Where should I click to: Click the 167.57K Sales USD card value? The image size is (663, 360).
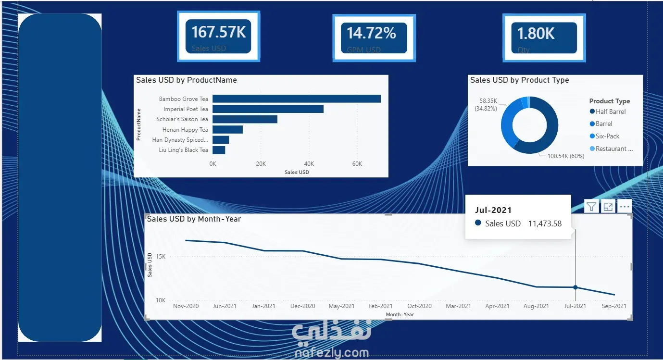[219, 32]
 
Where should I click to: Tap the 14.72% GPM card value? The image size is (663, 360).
[372, 33]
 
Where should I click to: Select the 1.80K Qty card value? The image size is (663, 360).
[536, 34]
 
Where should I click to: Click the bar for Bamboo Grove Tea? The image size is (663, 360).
[296, 99]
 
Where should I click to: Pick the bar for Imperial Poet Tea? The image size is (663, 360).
[268, 109]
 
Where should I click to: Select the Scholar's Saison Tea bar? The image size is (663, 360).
[245, 119]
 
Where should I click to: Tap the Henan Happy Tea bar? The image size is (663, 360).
[227, 129]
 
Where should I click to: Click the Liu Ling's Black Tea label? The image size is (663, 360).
[184, 150]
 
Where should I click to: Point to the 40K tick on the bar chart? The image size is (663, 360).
[309, 164]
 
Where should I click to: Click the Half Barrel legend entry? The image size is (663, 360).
[610, 112]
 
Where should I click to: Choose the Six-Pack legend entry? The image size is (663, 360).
[607, 136]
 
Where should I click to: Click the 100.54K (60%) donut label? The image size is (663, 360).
[566, 156]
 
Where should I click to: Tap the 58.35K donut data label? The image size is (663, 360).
[488, 101]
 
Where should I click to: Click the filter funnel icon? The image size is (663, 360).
[591, 207]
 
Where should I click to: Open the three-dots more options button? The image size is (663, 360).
[625, 207]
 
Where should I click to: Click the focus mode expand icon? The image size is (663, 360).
[608, 207]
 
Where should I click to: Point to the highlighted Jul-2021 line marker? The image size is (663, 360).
[575, 287]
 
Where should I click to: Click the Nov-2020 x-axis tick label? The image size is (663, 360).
[186, 306]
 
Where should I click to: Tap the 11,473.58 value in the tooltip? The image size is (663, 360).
[545, 223]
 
